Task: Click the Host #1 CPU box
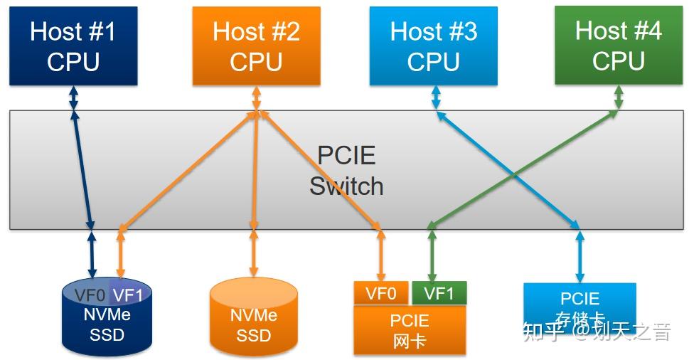(x=72, y=46)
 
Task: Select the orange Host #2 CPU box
(x=256, y=46)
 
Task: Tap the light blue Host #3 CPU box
(x=433, y=46)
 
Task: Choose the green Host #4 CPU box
(x=618, y=46)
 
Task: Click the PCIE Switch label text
(x=346, y=171)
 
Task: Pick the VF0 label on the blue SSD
(x=90, y=295)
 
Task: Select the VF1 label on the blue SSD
(x=129, y=295)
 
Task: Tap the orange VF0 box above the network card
(x=380, y=293)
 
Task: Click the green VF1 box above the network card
(x=439, y=293)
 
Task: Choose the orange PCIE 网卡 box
(x=410, y=330)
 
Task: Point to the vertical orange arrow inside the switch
(x=254, y=171)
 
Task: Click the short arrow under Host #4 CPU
(x=618, y=98)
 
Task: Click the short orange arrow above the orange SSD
(x=253, y=253)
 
